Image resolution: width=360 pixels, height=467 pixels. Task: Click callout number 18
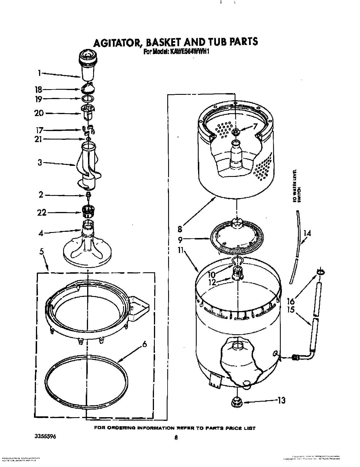[38, 90]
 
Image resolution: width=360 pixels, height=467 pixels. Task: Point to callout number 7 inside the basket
[255, 126]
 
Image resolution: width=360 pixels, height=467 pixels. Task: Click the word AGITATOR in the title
[117, 42]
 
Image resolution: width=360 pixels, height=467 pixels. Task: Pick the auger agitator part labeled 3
[88, 167]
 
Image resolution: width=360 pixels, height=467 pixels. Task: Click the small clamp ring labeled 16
[321, 272]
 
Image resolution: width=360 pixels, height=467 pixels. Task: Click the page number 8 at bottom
[176, 438]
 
